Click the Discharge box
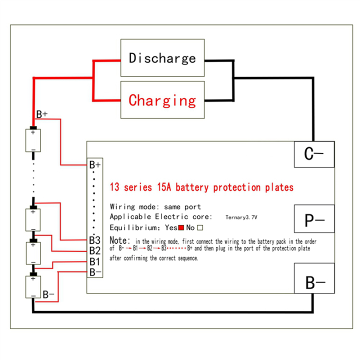click(162, 58)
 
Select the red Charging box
click(162, 100)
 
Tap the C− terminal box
click(314, 154)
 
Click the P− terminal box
click(314, 219)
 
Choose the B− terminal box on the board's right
click(314, 283)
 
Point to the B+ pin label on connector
click(95, 164)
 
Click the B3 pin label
click(95, 240)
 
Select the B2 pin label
click(95, 250)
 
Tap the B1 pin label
click(95, 261)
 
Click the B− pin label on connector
click(95, 271)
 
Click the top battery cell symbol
click(33, 141)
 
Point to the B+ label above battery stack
click(42, 114)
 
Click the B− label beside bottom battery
click(48, 294)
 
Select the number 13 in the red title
click(115, 188)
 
